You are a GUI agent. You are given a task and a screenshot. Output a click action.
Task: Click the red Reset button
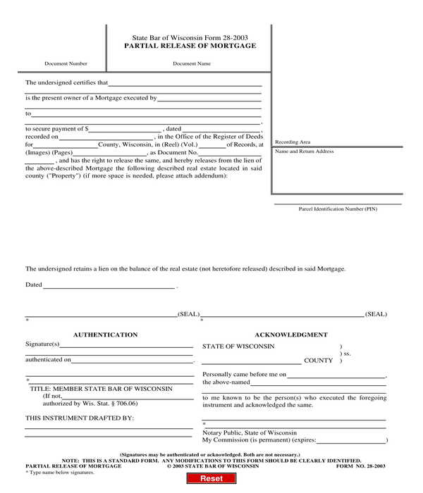[x=211, y=479]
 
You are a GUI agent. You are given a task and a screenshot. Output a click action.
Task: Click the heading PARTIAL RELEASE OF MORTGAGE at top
[x=190, y=46]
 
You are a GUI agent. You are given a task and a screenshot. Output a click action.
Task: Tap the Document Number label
[x=66, y=63]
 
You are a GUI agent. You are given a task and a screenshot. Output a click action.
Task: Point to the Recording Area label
[x=293, y=142]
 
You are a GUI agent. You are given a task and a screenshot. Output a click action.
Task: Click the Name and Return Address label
[x=304, y=151]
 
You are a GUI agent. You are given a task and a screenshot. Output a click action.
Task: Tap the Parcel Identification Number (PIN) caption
[x=338, y=209]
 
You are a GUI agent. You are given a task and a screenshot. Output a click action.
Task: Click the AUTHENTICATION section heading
[x=106, y=335]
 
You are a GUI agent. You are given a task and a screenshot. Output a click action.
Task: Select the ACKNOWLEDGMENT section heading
[x=291, y=335]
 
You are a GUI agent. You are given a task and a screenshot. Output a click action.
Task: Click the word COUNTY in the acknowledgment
[x=318, y=361]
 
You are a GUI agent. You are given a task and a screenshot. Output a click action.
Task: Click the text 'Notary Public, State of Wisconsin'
[x=250, y=432]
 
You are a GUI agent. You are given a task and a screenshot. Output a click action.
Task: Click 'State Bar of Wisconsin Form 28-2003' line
[x=190, y=37]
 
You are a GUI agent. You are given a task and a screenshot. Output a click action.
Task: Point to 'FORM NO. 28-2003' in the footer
[x=360, y=466]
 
